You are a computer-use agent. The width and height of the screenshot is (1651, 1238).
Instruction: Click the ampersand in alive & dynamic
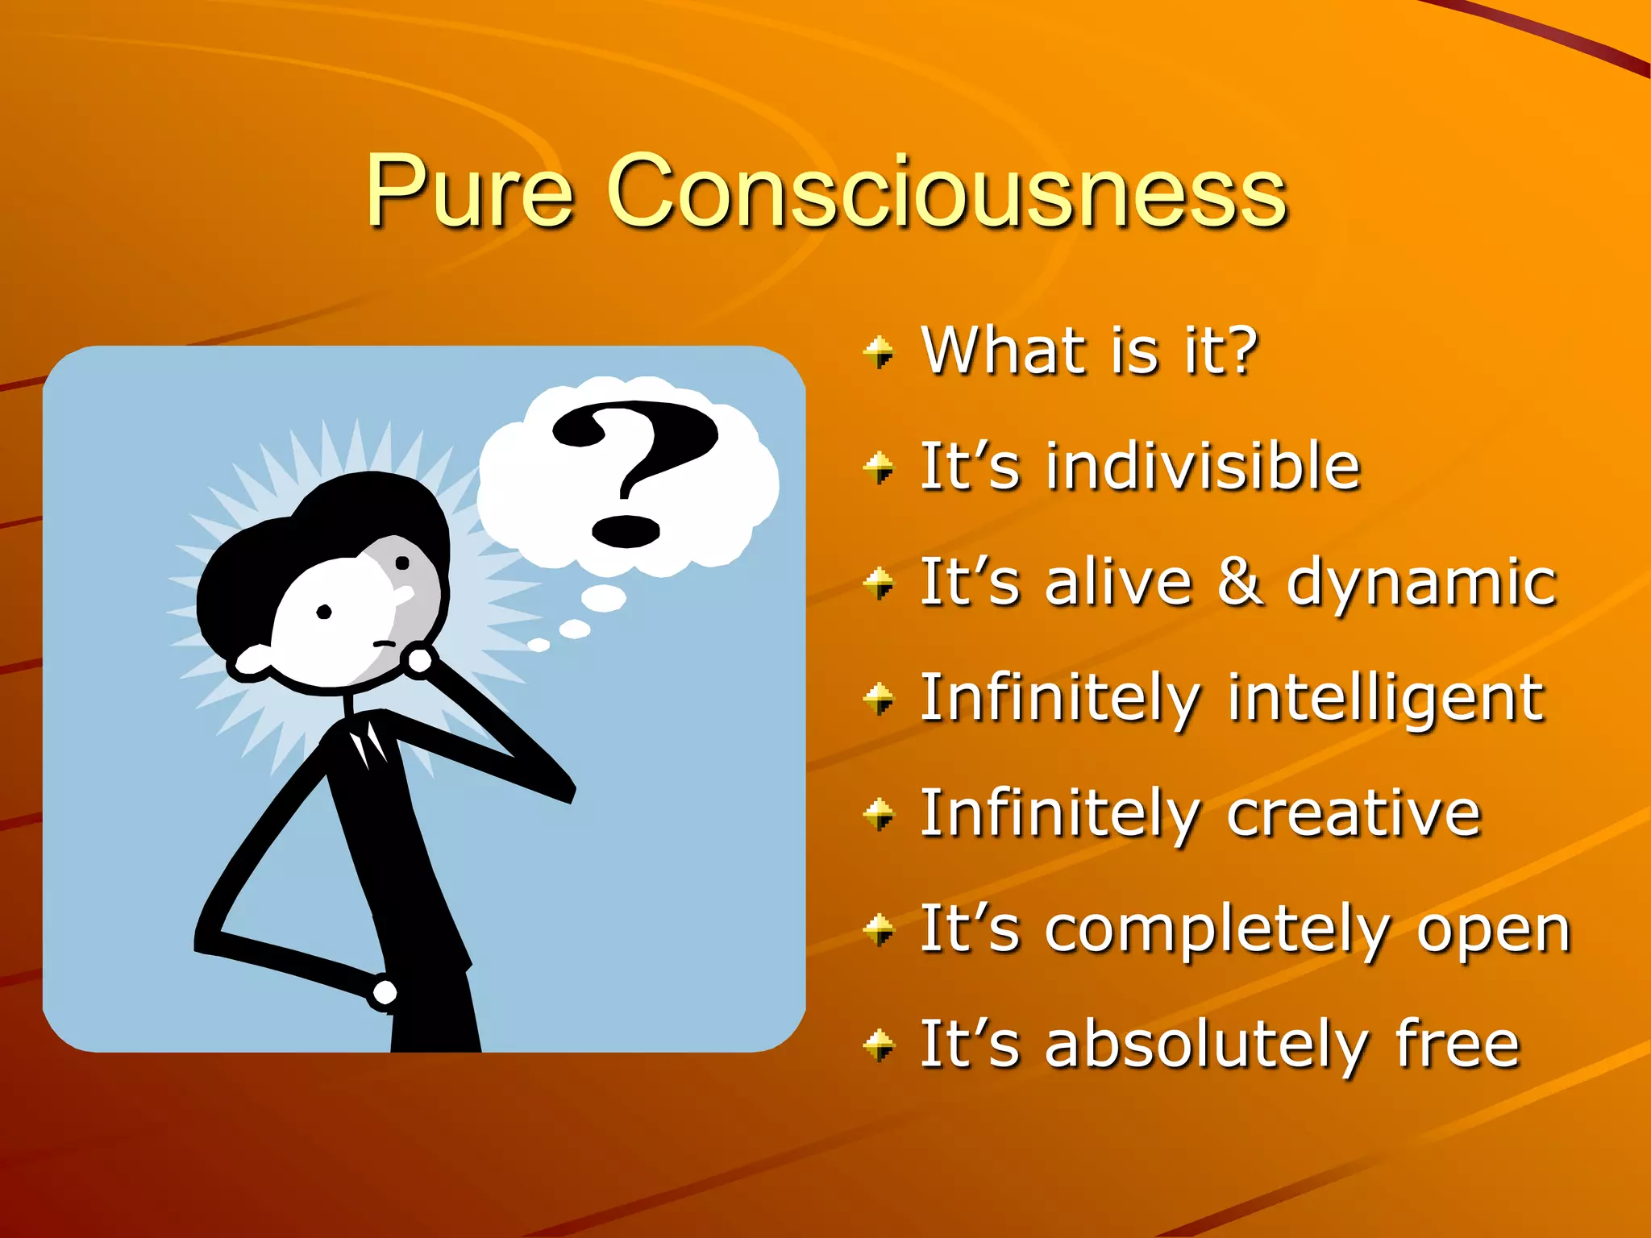1239,581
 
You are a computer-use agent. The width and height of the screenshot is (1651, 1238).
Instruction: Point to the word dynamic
1420,584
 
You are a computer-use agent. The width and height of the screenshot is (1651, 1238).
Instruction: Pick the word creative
1354,814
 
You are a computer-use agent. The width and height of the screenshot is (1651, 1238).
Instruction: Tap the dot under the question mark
626,531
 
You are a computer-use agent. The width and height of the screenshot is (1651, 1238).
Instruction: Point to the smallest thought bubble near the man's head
539,645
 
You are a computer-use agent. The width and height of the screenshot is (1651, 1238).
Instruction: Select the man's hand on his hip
384,992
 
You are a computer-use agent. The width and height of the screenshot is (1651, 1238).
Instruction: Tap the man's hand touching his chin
419,660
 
